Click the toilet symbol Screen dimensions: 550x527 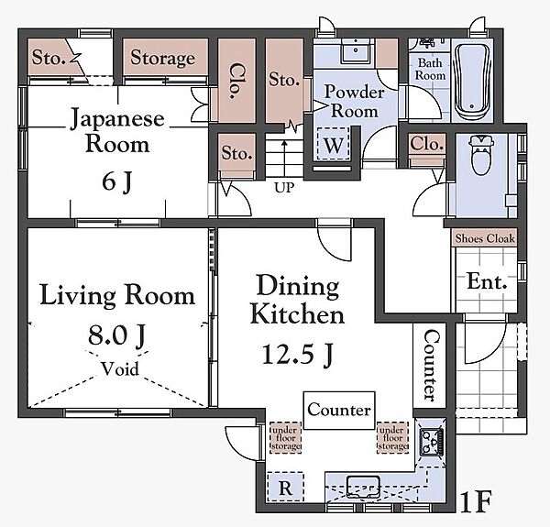pyautogui.click(x=481, y=155)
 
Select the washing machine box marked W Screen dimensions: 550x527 pyautogui.click(x=334, y=144)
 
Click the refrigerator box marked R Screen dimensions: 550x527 pyautogui.click(x=285, y=488)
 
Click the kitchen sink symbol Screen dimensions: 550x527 pyautogui.click(x=363, y=487)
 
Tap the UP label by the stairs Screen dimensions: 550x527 pyautogui.click(x=284, y=188)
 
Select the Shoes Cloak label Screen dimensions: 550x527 pyautogui.click(x=485, y=238)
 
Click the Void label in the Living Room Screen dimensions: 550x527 pyautogui.click(x=120, y=368)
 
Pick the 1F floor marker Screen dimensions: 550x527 pyautogui.click(x=476, y=501)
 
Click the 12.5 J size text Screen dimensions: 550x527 pyautogui.click(x=297, y=355)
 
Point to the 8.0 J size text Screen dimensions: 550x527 pyautogui.click(x=116, y=335)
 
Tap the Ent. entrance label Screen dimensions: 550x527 pyautogui.click(x=488, y=281)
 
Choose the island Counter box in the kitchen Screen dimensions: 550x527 pyautogui.click(x=339, y=411)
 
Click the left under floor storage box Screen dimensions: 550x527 pyautogui.click(x=285, y=437)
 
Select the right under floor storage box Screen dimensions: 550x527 pyautogui.click(x=392, y=437)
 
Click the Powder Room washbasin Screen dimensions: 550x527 pyautogui.click(x=356, y=50)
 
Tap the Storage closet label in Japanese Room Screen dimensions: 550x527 pyautogui.click(x=163, y=58)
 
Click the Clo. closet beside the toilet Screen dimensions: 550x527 pyautogui.click(x=427, y=144)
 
